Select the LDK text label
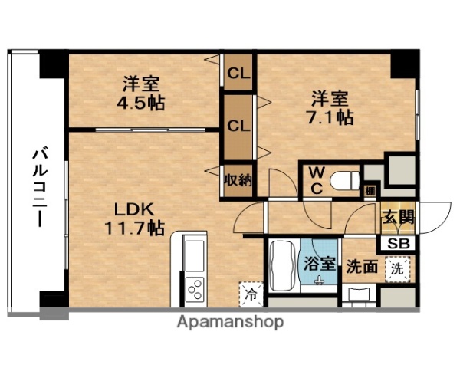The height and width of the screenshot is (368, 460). [134, 209]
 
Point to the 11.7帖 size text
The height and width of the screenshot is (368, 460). [134, 227]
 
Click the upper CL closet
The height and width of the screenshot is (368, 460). [239, 76]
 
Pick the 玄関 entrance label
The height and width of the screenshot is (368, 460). [398, 217]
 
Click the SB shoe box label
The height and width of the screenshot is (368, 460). [398, 243]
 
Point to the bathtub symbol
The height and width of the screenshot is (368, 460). [282, 267]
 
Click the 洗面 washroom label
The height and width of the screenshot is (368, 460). [360, 267]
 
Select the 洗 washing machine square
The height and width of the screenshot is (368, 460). [396, 269]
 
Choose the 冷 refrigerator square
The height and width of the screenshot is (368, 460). [251, 291]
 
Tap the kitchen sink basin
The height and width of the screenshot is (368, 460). [194, 253]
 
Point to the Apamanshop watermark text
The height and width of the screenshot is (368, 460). [231, 322]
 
